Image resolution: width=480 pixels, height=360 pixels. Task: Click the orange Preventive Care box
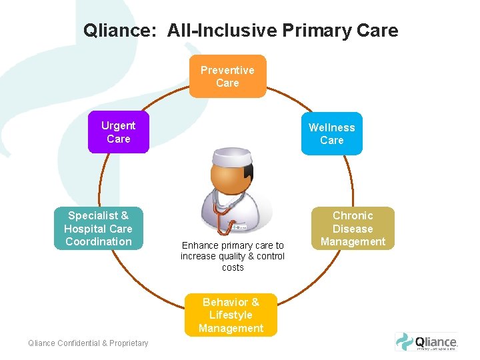227,77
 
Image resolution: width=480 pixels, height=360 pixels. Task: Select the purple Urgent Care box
118,132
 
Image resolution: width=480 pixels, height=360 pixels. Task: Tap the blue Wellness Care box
331,134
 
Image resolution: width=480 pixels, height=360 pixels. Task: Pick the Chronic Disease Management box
353,229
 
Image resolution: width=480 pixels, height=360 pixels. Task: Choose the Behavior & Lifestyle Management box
231,315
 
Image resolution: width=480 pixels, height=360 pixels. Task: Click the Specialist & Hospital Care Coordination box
99,229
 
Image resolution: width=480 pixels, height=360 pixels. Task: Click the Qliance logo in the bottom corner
426,342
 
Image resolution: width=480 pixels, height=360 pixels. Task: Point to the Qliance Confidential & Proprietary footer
88,343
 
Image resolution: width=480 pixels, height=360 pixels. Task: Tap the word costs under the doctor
233,267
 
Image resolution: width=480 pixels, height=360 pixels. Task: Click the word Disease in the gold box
353,229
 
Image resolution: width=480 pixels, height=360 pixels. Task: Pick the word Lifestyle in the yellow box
231,315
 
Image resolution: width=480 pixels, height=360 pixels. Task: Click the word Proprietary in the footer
127,343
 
